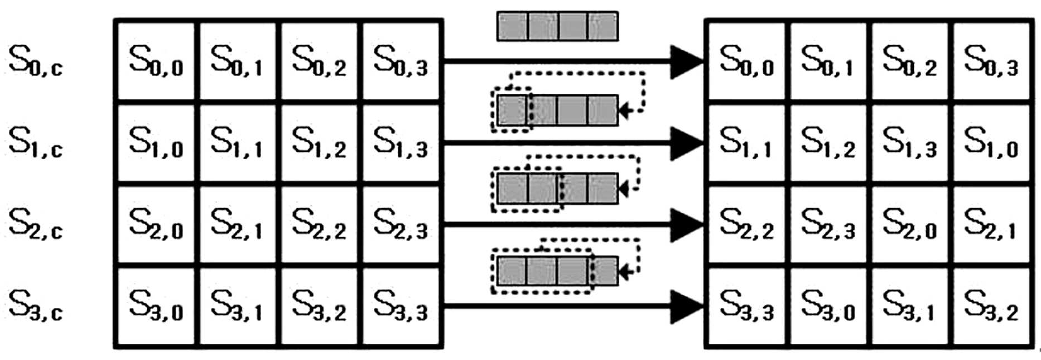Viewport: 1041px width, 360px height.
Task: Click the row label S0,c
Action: coord(35,61)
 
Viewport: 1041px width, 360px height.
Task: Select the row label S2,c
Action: coord(35,224)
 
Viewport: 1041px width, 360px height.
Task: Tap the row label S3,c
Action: coord(35,306)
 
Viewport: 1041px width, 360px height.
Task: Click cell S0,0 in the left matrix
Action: coord(156,61)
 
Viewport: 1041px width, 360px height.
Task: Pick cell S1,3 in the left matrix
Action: coord(401,143)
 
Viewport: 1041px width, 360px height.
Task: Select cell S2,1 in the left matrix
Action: coord(237,224)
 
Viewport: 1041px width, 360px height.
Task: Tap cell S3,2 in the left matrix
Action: coord(319,306)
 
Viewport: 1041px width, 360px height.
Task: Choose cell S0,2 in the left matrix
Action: coord(319,61)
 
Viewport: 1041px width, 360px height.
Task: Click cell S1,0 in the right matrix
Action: coord(991,143)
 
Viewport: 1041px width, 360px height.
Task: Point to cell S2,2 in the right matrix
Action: coord(746,224)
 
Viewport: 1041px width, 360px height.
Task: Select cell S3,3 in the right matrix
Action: coord(746,306)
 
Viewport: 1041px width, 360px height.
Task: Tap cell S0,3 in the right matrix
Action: coord(991,61)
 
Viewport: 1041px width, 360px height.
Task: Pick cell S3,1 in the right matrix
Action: coord(910,306)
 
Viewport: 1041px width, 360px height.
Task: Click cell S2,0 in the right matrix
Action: coord(910,224)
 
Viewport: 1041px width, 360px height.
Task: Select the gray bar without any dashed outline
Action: coord(557,26)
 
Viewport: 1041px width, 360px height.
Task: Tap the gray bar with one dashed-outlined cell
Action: coord(557,110)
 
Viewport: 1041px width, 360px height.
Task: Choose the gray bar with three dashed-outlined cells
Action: coord(557,271)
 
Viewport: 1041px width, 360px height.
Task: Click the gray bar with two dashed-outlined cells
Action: coord(557,189)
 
